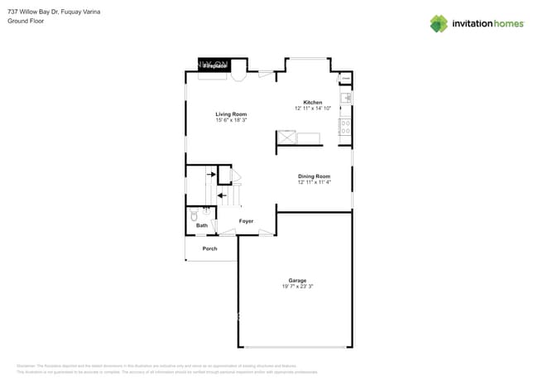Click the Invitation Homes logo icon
(x=439, y=24)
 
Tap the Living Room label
(x=231, y=114)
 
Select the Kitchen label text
(x=312, y=103)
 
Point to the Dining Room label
(x=314, y=176)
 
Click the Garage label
(x=297, y=280)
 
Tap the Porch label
(x=209, y=248)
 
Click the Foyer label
(x=246, y=221)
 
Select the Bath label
(x=202, y=225)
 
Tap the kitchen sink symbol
(x=346, y=98)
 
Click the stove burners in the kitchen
(x=345, y=127)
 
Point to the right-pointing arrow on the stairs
(x=211, y=175)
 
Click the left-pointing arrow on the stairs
(x=221, y=195)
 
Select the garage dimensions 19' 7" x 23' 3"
(x=297, y=287)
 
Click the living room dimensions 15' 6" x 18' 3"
(x=231, y=121)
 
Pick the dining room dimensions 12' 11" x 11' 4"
(x=314, y=183)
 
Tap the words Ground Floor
(x=26, y=21)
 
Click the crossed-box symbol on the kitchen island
(x=287, y=137)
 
